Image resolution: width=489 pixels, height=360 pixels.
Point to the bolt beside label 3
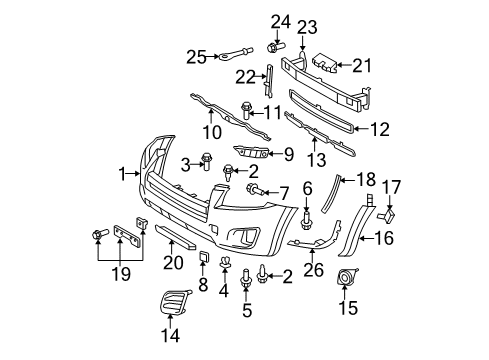point(207,157)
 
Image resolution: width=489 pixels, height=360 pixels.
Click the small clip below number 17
point(389,211)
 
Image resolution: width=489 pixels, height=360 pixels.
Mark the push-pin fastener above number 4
point(224,264)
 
